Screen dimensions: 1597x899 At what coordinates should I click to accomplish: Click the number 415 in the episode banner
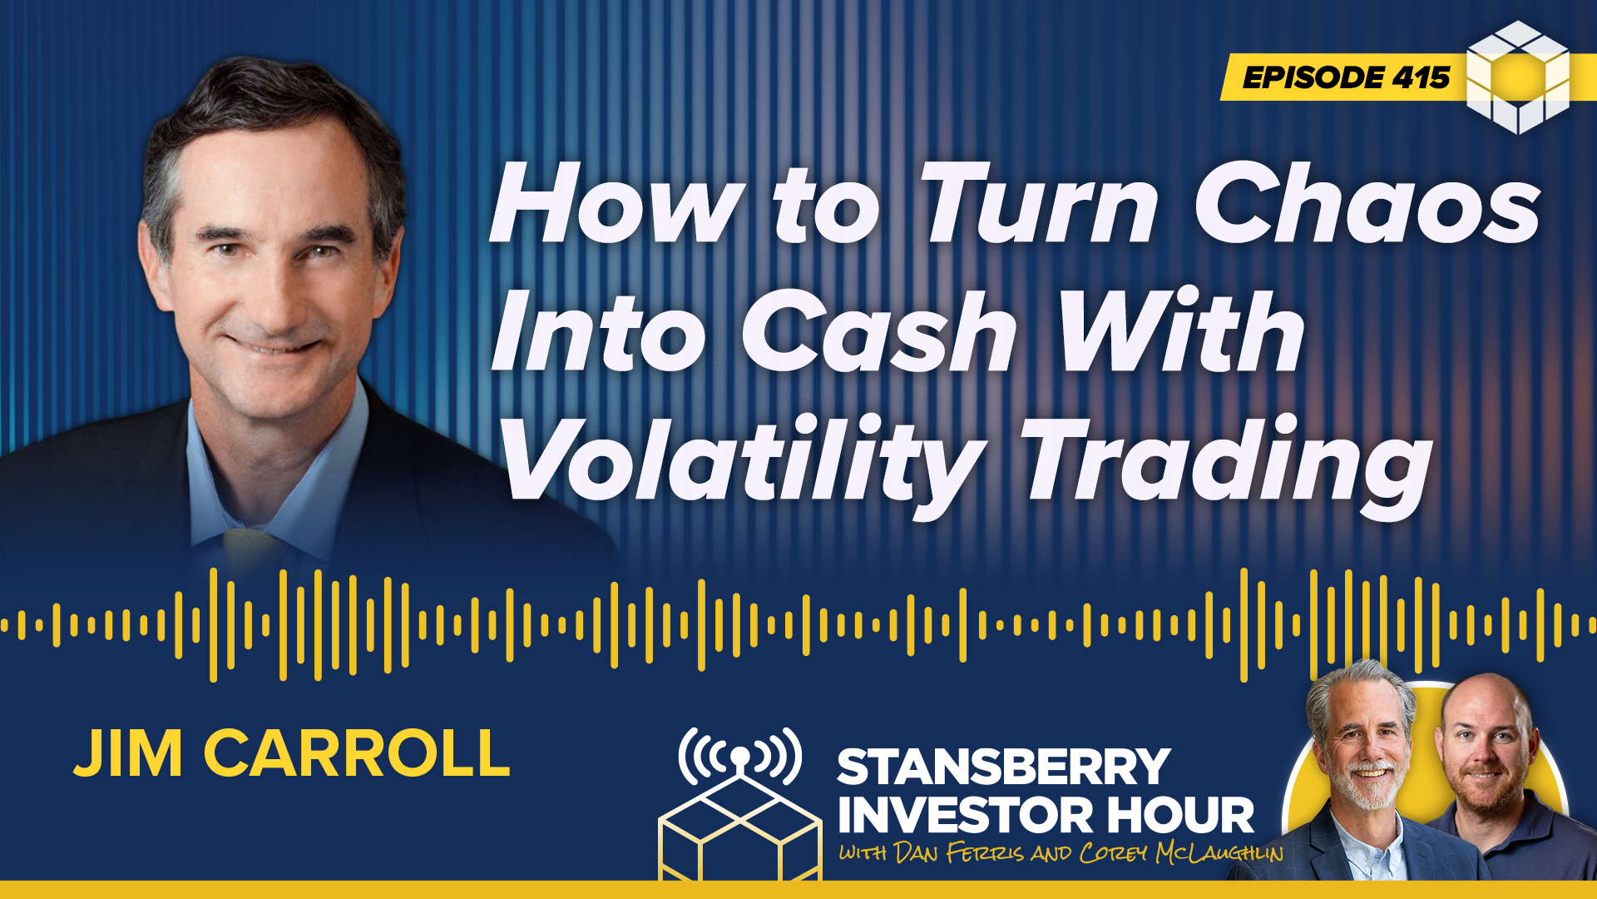(x=1421, y=78)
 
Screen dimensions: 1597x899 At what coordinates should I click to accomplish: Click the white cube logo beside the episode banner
(x=1518, y=77)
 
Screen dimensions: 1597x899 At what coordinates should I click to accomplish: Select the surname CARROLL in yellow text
(x=356, y=754)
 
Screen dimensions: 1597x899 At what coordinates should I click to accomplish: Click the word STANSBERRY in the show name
(x=1003, y=767)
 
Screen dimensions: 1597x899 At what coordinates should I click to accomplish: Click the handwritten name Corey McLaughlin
(x=1182, y=853)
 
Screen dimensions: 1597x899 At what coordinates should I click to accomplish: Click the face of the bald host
(x=1486, y=749)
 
